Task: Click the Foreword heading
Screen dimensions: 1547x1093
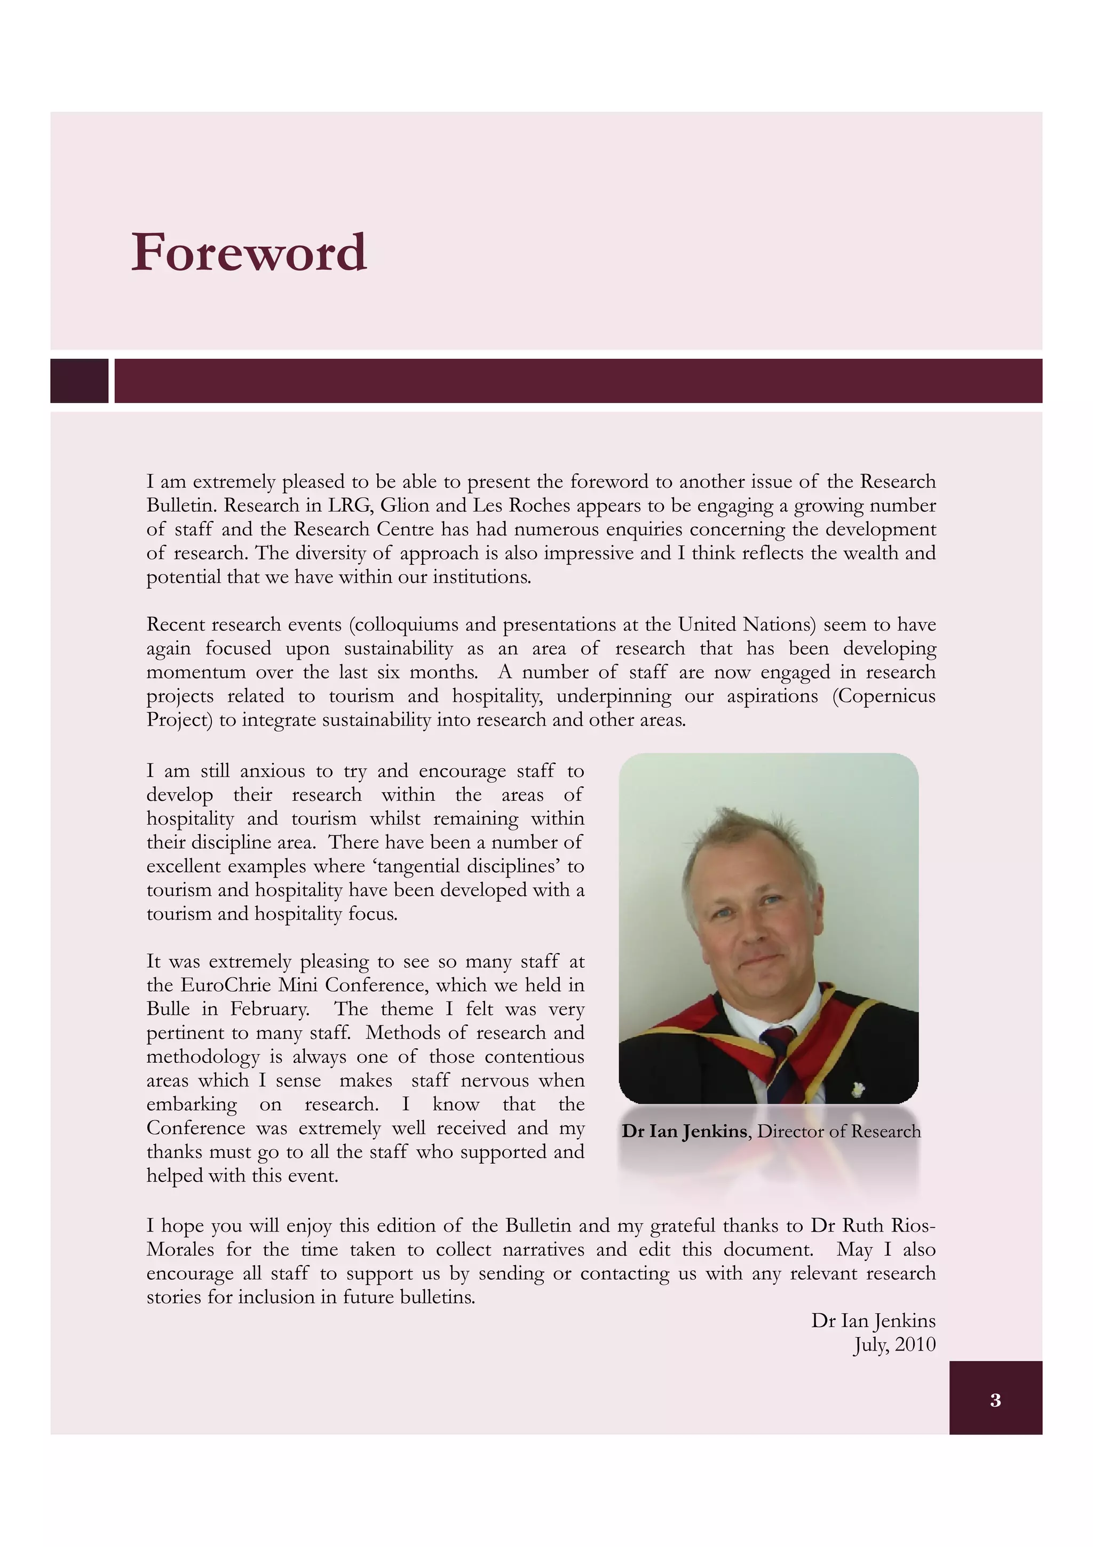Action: tap(249, 252)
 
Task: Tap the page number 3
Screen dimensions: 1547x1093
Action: tap(995, 1400)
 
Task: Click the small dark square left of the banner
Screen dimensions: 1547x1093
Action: tap(79, 381)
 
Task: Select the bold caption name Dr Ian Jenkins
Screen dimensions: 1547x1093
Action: tap(684, 1131)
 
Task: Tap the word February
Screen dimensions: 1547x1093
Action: tap(270, 1009)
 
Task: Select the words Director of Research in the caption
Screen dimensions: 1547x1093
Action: tap(838, 1131)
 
